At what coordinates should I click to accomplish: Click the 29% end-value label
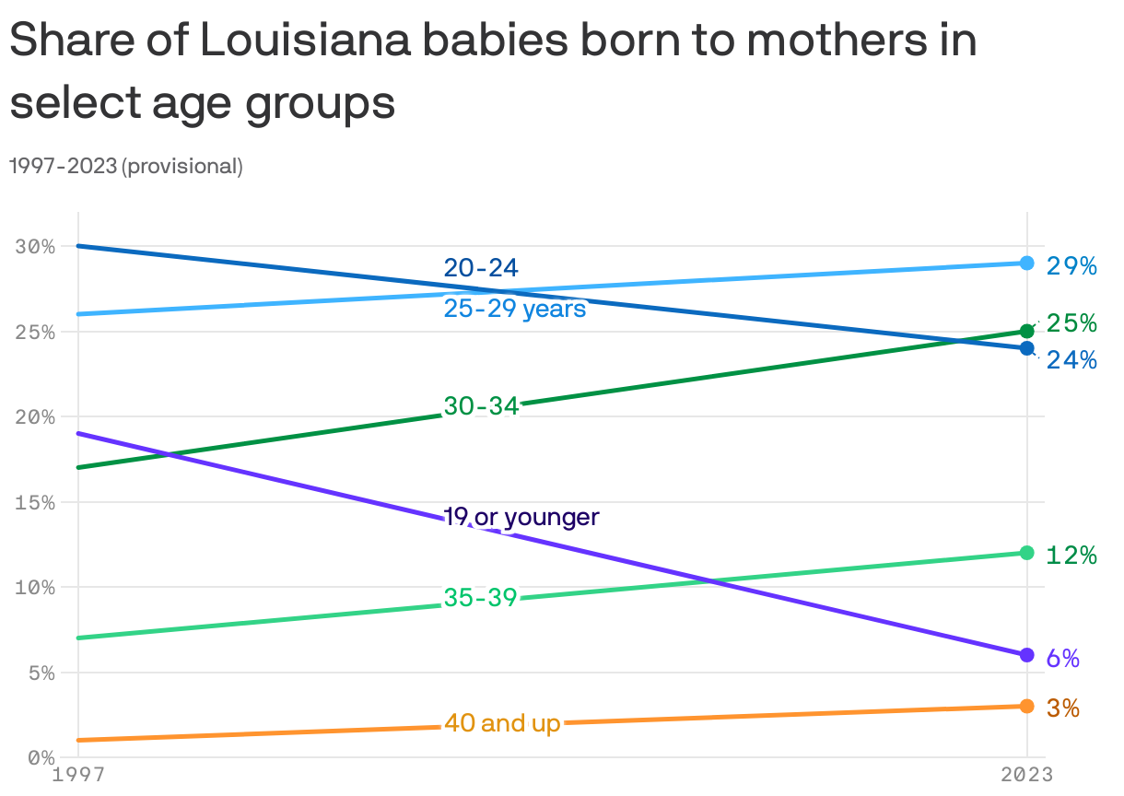pos(1071,266)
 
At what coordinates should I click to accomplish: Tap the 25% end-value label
pos(1071,323)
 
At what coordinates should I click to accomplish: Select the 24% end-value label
pos(1071,360)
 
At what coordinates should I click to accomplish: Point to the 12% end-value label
pos(1071,555)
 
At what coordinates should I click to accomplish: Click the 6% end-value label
pos(1062,658)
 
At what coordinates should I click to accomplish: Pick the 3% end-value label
pos(1062,708)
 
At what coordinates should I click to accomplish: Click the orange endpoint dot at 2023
pos(1026,706)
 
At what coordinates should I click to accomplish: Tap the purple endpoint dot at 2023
pos(1026,655)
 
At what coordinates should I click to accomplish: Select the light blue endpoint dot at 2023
pos(1026,263)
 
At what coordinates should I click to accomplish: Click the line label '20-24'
pos(481,268)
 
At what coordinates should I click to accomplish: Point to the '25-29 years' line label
pos(515,309)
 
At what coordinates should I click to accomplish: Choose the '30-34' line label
pos(481,405)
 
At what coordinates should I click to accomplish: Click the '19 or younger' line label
pos(521,518)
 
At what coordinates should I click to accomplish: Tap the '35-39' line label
pos(481,598)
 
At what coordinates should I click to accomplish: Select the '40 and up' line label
pos(502,724)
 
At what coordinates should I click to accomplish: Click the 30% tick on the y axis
pos(35,247)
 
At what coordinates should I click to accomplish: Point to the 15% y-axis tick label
pos(35,503)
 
